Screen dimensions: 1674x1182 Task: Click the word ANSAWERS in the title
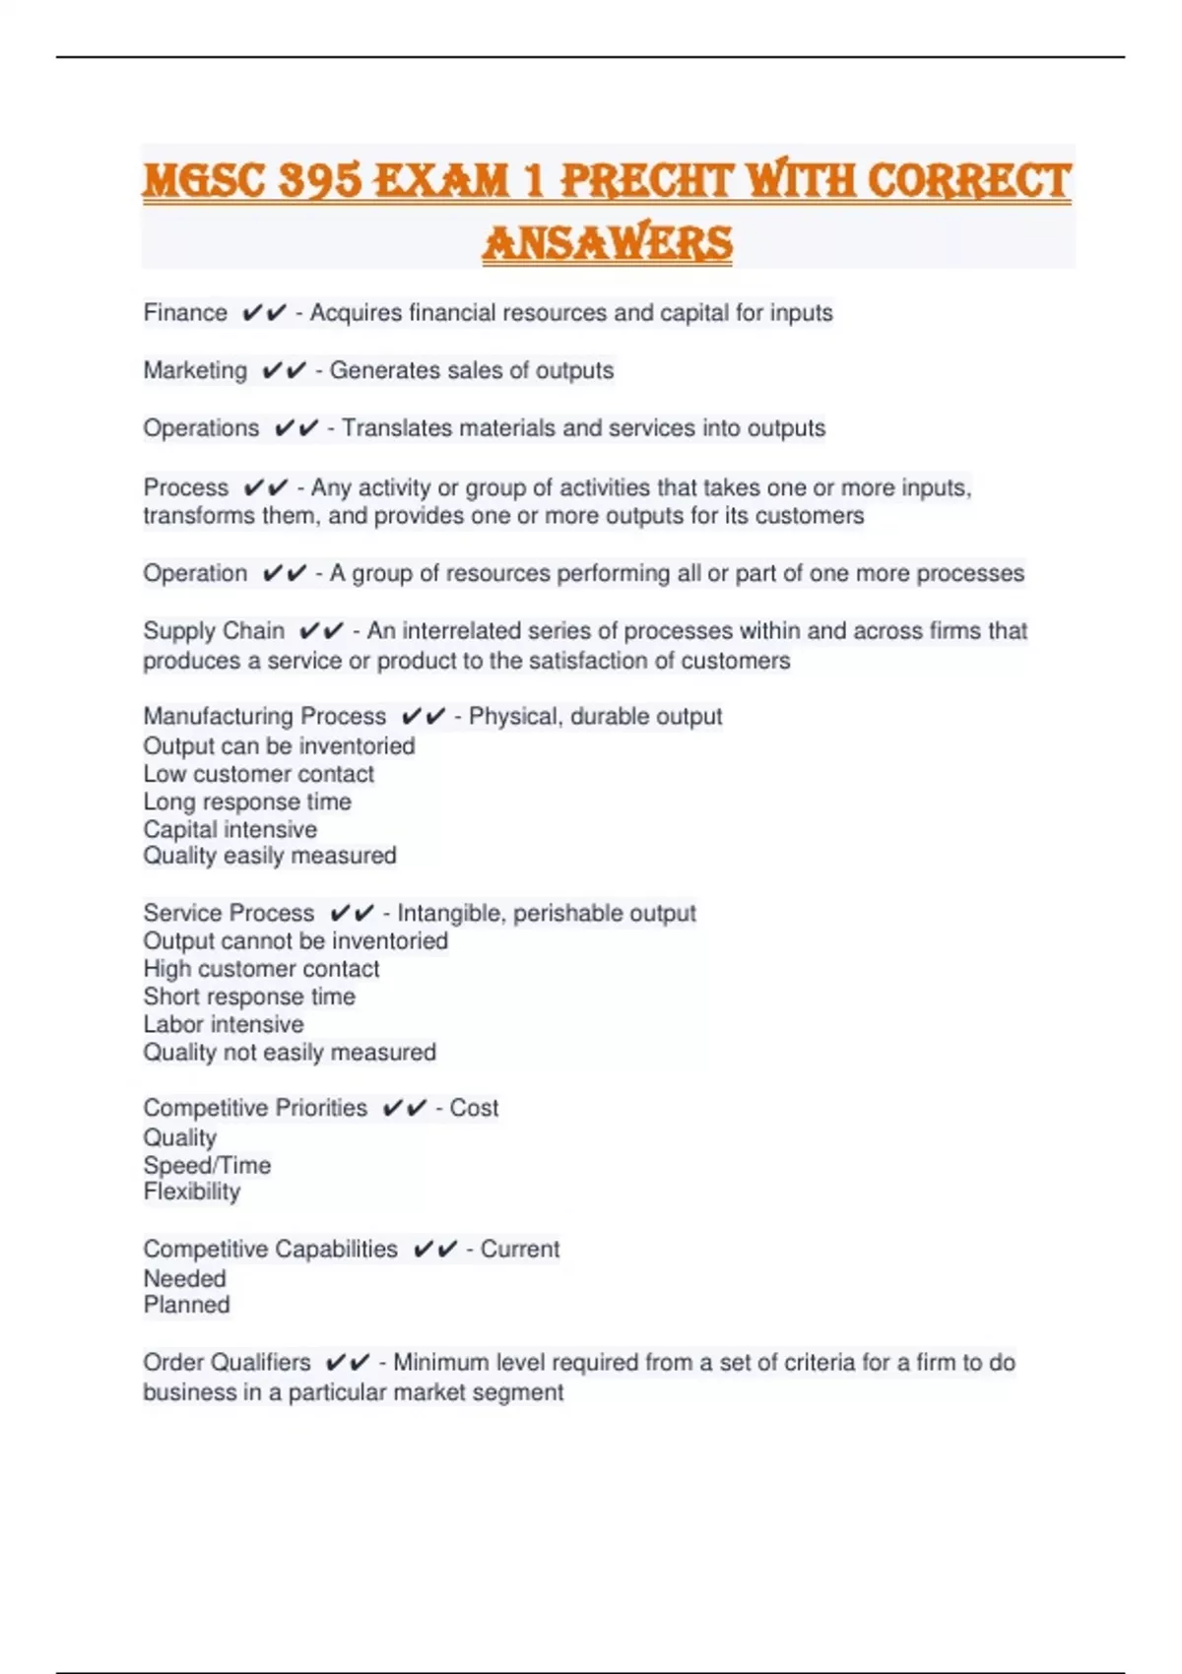point(607,242)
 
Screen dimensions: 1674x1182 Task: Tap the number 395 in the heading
point(320,181)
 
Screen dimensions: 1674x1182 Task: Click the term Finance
point(185,313)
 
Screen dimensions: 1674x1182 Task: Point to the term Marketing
point(195,370)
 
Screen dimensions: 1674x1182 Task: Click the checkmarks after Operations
point(296,428)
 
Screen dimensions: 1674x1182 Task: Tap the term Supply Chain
point(214,630)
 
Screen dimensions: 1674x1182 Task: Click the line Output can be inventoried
point(279,745)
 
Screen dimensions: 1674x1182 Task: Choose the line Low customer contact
point(258,774)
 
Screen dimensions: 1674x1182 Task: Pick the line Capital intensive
point(230,829)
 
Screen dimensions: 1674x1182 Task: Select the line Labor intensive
point(224,1024)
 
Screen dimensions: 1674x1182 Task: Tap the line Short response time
point(249,997)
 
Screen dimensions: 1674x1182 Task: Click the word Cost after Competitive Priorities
point(474,1108)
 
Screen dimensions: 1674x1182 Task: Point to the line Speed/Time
point(207,1165)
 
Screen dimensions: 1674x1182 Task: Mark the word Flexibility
point(192,1191)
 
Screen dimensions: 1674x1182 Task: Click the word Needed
point(184,1278)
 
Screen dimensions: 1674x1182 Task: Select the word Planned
point(186,1305)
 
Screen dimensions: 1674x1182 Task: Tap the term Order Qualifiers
point(227,1362)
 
